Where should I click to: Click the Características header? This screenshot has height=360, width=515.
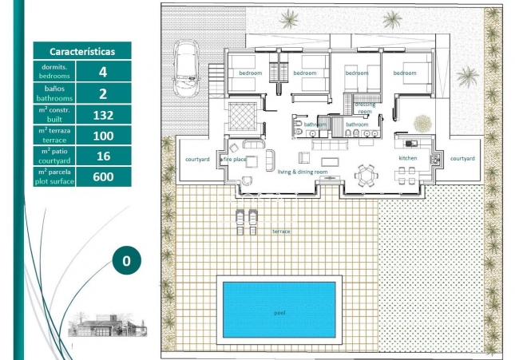point(81,51)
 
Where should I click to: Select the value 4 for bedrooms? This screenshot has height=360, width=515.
point(102,72)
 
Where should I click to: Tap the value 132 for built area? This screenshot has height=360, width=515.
point(102,114)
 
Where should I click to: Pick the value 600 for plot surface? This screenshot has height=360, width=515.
point(102,176)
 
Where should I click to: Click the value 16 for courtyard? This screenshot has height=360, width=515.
point(102,156)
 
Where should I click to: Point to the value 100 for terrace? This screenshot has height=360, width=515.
point(102,135)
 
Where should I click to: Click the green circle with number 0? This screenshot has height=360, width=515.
point(126,260)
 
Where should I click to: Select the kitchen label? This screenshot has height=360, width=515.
point(408,158)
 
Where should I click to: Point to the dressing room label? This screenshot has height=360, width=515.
point(365,107)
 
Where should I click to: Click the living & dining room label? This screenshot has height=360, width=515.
point(303,172)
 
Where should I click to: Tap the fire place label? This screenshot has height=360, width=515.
point(236,160)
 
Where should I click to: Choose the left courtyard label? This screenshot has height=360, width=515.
point(197,159)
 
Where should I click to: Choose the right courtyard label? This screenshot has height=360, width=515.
point(462,158)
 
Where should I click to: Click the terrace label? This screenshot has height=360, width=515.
point(280,231)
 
